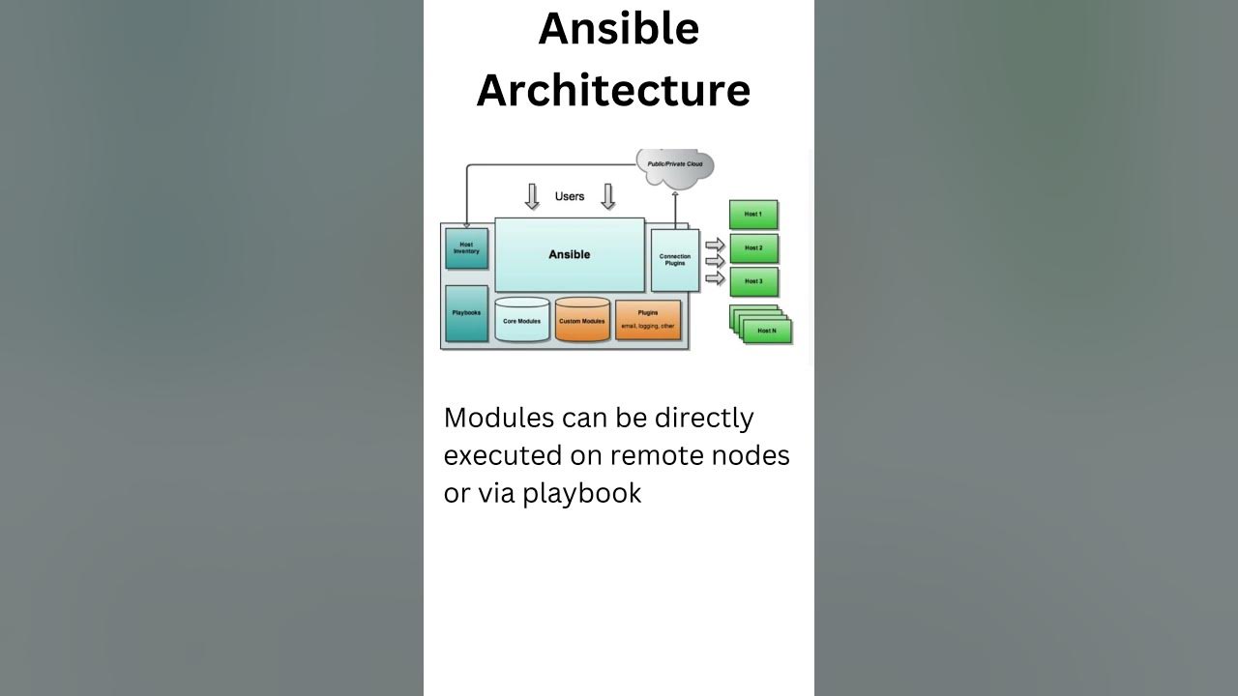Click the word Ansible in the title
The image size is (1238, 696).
point(618,29)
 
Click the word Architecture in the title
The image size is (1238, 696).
point(613,90)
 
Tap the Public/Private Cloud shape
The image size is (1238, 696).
point(675,165)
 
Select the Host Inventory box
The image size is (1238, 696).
point(466,248)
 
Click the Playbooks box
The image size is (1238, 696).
point(466,312)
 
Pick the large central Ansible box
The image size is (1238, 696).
point(569,254)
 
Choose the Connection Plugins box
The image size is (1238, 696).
point(675,260)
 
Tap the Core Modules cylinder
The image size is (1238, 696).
point(522,320)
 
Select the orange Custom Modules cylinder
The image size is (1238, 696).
point(582,320)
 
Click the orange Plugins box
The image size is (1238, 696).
point(648,319)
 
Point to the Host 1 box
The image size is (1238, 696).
point(752,215)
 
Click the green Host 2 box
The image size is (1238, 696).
point(753,248)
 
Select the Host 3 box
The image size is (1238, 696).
point(753,281)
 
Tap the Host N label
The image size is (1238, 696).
point(767,331)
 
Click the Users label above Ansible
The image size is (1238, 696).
point(570,196)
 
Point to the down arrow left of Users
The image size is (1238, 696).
point(532,196)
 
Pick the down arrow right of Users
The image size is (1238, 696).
point(608,196)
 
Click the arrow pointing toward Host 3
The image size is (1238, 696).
point(715,278)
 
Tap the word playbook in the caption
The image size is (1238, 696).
point(582,493)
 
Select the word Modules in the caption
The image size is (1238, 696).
point(501,418)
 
